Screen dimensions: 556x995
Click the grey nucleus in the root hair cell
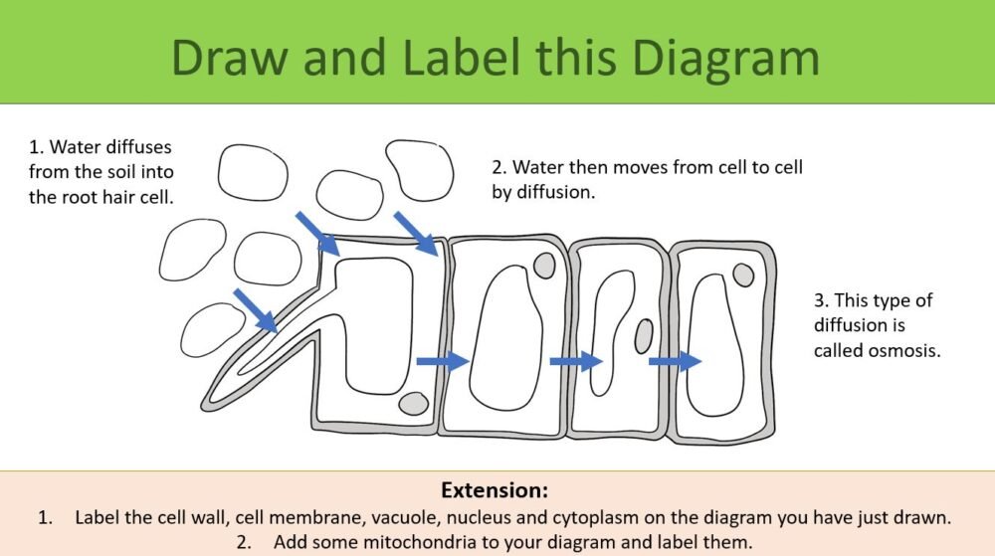click(412, 404)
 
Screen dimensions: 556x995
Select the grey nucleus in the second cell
click(544, 265)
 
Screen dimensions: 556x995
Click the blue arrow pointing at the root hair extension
click(255, 310)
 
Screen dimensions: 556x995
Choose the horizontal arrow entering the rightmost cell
click(675, 361)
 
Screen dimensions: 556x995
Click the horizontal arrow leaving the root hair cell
click(442, 362)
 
